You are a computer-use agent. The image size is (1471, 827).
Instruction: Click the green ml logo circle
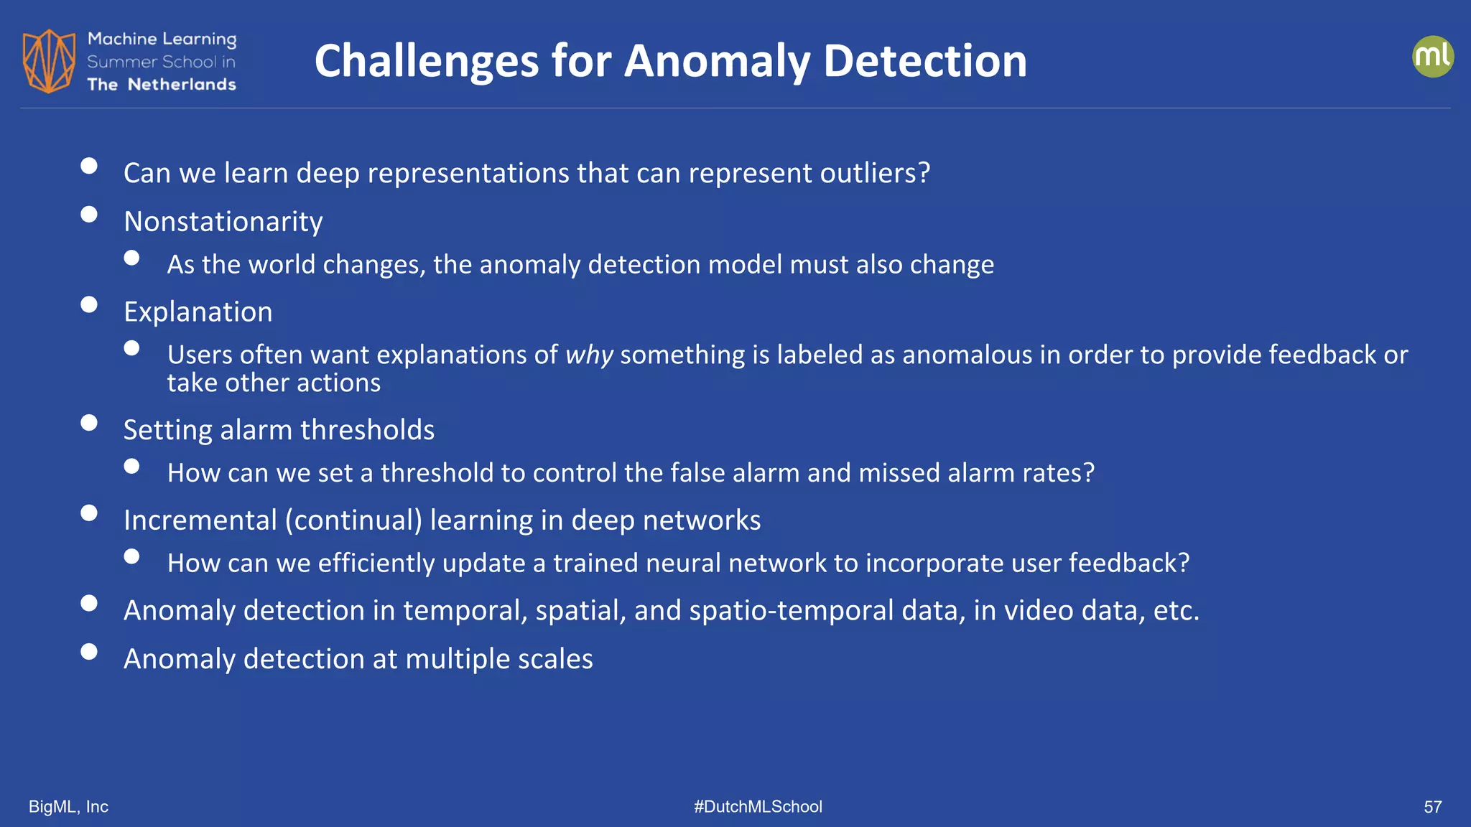pyautogui.click(x=1432, y=57)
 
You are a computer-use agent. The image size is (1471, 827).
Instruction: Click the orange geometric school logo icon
pyautogui.click(x=49, y=61)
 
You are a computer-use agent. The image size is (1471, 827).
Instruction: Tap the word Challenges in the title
pyautogui.click(x=426, y=61)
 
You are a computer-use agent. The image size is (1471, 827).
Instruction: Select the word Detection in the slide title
pyautogui.click(x=925, y=61)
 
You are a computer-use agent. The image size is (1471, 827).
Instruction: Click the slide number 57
pyautogui.click(x=1432, y=807)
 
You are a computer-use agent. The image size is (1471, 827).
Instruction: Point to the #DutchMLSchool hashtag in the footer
pyautogui.click(x=758, y=807)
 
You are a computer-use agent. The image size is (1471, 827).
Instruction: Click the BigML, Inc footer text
pyautogui.click(x=68, y=807)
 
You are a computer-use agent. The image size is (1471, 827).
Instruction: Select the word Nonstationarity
pyautogui.click(x=223, y=222)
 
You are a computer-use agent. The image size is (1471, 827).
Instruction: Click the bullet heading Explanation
pyautogui.click(x=198, y=312)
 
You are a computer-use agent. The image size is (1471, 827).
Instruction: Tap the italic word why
pyautogui.click(x=589, y=355)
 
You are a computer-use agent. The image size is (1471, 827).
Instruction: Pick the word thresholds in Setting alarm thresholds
pyautogui.click(x=367, y=430)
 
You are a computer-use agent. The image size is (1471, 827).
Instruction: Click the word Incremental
pyautogui.click(x=200, y=520)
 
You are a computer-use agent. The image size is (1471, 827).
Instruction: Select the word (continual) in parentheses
pyautogui.click(x=353, y=520)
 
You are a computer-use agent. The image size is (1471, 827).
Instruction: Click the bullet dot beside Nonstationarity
pyautogui.click(x=89, y=215)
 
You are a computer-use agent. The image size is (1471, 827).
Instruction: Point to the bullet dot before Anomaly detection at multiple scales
pyautogui.click(x=89, y=652)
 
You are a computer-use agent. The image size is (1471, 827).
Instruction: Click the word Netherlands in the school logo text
pyautogui.click(x=182, y=85)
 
